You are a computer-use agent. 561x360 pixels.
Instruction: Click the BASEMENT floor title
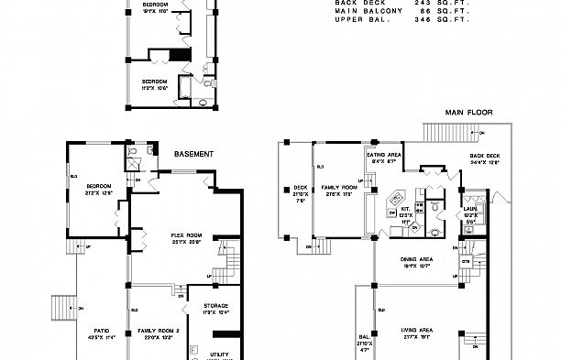193,154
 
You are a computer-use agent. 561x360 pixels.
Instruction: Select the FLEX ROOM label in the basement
186,235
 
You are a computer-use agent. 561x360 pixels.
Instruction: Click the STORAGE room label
203,305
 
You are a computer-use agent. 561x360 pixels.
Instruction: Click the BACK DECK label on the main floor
485,157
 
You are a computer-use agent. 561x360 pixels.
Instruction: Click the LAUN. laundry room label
469,209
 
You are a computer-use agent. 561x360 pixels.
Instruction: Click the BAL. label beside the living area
363,336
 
